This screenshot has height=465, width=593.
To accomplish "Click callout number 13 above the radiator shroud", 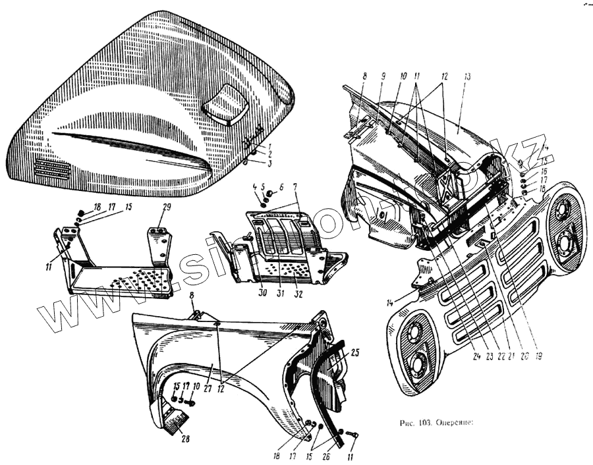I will [x=466, y=77].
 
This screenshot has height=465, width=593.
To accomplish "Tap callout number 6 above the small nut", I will [x=281, y=187].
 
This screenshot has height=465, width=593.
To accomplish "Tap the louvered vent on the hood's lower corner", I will [x=52, y=170].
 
